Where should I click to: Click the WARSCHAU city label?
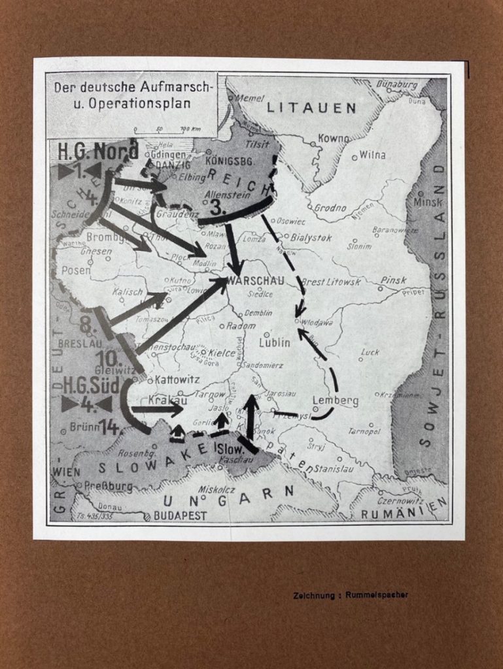pos(256,281)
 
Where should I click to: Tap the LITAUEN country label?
pos(311,108)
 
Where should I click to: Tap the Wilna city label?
pos(372,155)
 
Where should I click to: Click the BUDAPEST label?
pos(179,515)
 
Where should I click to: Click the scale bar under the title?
pos(167,129)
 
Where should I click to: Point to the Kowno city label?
pos(334,139)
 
